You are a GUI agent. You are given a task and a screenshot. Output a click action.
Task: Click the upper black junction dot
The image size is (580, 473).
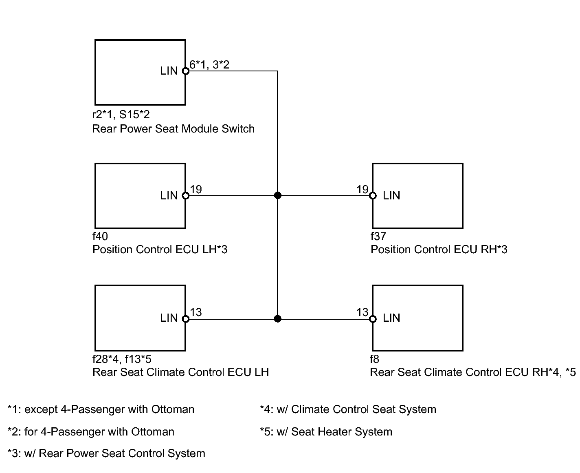(277, 195)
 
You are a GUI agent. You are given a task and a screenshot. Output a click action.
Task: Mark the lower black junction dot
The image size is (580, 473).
(277, 319)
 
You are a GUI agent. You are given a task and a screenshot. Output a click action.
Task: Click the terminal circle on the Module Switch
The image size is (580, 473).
(185, 71)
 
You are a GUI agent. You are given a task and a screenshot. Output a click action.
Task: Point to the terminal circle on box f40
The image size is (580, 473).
(185, 195)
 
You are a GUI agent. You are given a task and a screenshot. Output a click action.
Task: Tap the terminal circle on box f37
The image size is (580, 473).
(373, 195)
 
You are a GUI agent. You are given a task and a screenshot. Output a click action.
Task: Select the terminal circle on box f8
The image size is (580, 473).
(373, 319)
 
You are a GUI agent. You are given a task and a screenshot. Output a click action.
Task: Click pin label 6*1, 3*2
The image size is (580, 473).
(209, 64)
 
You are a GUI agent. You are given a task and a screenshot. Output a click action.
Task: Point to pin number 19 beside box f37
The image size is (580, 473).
(362, 189)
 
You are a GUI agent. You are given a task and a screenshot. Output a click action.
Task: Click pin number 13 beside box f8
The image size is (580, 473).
(362, 312)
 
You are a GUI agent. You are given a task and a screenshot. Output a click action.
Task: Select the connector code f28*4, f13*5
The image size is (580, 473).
(122, 359)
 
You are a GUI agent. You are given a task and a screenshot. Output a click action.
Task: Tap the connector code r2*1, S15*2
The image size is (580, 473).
(121, 115)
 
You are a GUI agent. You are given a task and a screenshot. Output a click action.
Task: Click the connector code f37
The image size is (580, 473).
(378, 236)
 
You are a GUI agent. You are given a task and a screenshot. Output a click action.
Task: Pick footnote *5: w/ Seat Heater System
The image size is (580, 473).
(326, 431)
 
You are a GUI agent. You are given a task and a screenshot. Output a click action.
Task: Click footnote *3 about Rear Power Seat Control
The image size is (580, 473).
(106, 453)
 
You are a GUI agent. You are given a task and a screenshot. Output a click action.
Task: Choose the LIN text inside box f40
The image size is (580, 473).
(169, 196)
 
